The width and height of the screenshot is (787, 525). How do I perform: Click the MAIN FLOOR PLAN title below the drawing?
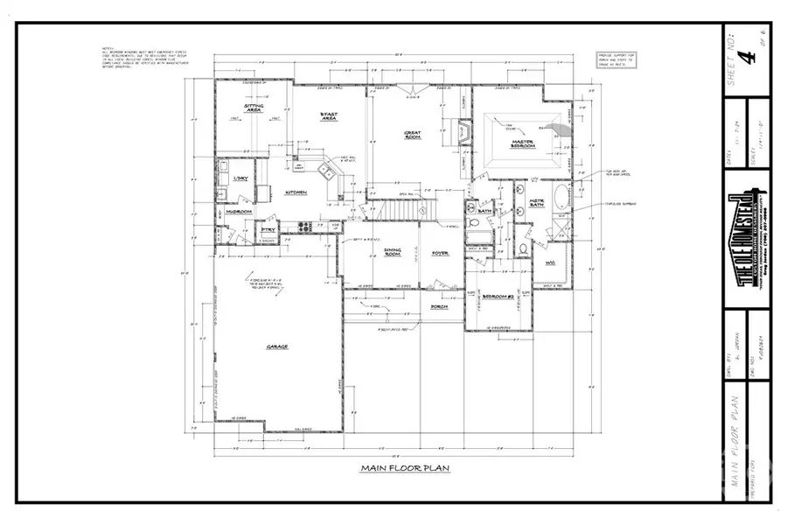click(405, 469)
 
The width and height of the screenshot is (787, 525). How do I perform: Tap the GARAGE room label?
click(278, 346)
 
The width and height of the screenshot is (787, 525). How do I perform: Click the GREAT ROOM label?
click(413, 135)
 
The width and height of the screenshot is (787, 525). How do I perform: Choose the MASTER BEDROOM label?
click(523, 144)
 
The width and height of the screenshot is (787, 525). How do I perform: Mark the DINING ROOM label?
click(393, 252)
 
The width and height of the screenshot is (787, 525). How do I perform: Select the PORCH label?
click(440, 307)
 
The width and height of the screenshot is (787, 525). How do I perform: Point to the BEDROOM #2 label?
click(498, 298)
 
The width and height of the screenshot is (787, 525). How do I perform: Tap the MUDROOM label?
click(239, 212)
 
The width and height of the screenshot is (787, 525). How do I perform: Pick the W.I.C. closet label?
click(550, 262)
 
